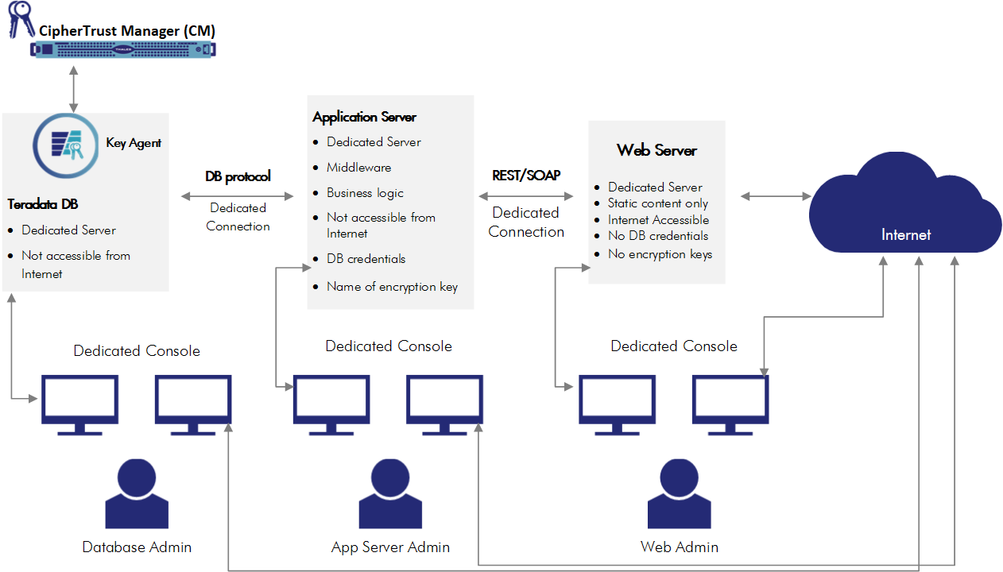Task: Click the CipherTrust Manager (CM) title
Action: (x=127, y=31)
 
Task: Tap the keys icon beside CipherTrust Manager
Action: (x=21, y=18)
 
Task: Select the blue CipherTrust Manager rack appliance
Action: (x=123, y=50)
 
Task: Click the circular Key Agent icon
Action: (x=64, y=145)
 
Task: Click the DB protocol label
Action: (x=238, y=176)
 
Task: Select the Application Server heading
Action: (x=364, y=117)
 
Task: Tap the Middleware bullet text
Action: (x=358, y=168)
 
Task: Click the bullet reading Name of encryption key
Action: (x=392, y=287)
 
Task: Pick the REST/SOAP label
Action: (x=526, y=176)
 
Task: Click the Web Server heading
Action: (x=656, y=150)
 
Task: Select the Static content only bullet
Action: (x=657, y=203)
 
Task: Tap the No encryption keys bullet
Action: (x=660, y=254)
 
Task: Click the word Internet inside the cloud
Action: (x=905, y=234)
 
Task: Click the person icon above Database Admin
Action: (x=137, y=493)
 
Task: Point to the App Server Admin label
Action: (x=390, y=547)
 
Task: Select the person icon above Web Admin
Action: (x=679, y=493)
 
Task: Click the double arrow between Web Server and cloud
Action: (x=775, y=195)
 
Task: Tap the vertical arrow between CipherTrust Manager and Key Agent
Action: (x=73, y=89)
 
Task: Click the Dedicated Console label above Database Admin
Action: (x=137, y=351)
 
